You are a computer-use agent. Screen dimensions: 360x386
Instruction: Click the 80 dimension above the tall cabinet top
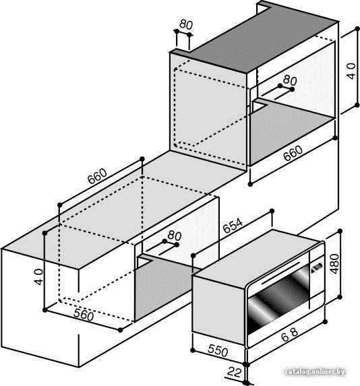[x=186, y=24]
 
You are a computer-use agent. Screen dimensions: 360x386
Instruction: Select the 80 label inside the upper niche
[x=290, y=80]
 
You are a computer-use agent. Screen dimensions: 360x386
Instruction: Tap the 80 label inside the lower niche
[x=175, y=236]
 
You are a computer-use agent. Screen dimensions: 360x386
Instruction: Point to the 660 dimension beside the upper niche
[x=293, y=153]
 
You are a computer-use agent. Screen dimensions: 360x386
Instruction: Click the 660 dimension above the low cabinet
[x=97, y=176]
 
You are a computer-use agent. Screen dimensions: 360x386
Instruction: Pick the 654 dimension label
[x=233, y=225]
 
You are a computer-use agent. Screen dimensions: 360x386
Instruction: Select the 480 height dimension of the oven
[x=334, y=264]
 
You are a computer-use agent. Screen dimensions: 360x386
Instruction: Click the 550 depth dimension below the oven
[x=218, y=350]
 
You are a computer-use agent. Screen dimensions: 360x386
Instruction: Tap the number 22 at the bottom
[x=234, y=372]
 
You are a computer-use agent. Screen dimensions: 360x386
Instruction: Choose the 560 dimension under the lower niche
[x=84, y=315]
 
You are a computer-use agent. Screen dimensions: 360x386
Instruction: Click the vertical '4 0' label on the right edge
[x=351, y=71]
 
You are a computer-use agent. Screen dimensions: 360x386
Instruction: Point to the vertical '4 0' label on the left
[x=38, y=277]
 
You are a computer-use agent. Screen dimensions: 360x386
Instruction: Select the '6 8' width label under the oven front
[x=289, y=335]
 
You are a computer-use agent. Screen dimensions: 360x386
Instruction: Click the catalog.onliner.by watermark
[x=315, y=372]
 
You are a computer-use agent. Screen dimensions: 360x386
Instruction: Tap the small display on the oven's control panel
[x=317, y=267]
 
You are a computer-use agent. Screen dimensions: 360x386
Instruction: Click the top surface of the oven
[x=257, y=258]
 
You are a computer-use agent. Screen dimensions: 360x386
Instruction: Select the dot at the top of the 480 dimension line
[x=340, y=231]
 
